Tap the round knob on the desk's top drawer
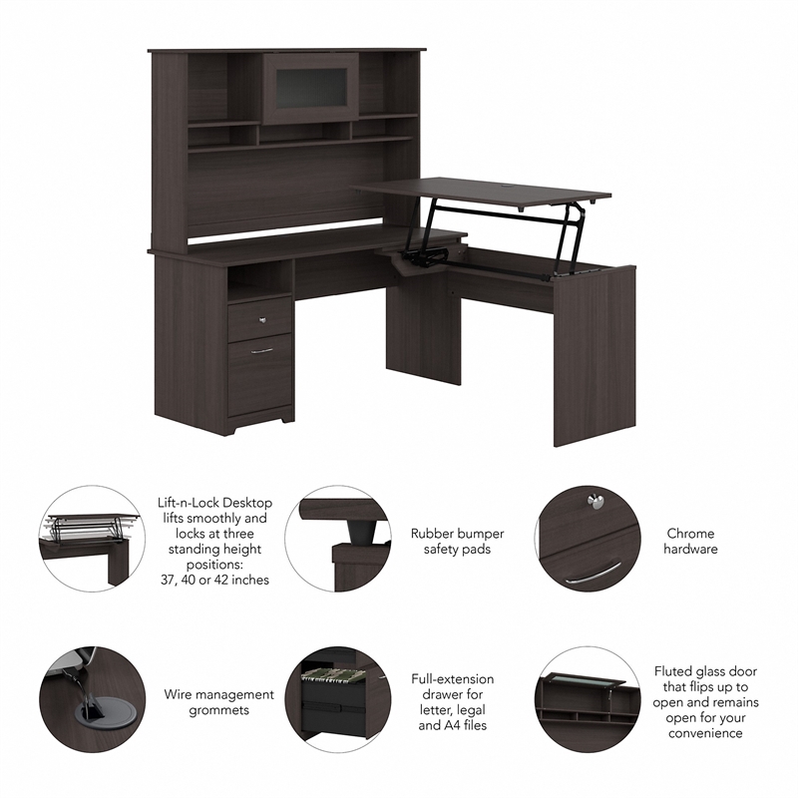click(x=262, y=320)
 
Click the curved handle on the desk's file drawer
click(x=262, y=351)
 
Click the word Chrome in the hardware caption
click(x=691, y=534)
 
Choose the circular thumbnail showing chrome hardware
click(x=589, y=540)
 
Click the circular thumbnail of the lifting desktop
click(x=90, y=540)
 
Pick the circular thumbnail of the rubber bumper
click(x=336, y=540)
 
